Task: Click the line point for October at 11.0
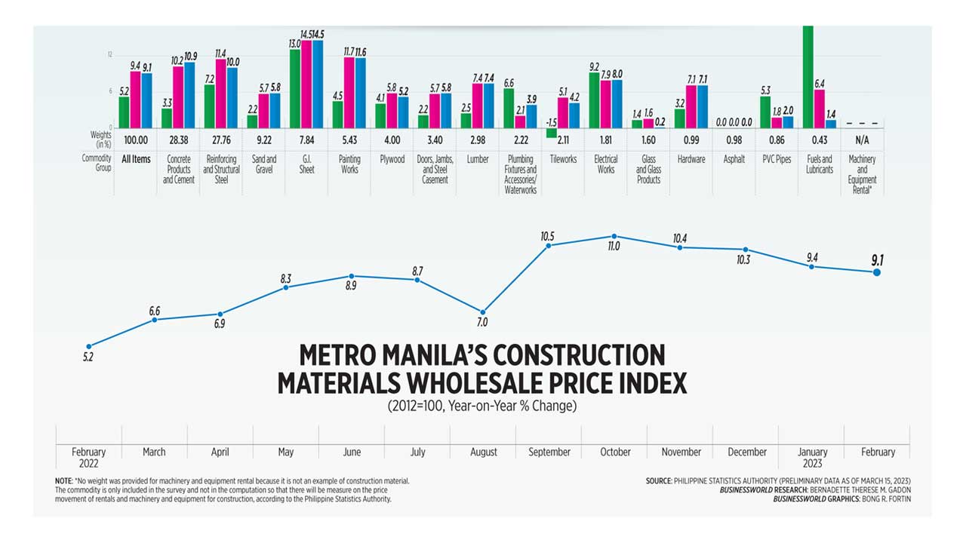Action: coord(614,236)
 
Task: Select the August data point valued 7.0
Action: coord(483,311)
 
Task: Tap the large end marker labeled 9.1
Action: coord(877,271)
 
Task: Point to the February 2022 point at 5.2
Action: coord(89,346)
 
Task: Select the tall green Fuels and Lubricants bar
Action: coord(808,76)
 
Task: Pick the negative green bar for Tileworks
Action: coord(552,133)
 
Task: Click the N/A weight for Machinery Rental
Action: coord(862,140)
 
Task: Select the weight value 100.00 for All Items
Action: coord(136,140)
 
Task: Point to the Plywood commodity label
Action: coord(392,159)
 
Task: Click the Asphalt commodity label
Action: coord(734,159)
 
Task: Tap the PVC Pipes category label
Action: coord(777,159)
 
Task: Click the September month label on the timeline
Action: coord(549,452)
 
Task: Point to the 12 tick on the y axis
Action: coord(110,55)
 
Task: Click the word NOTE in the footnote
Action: coord(63,480)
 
